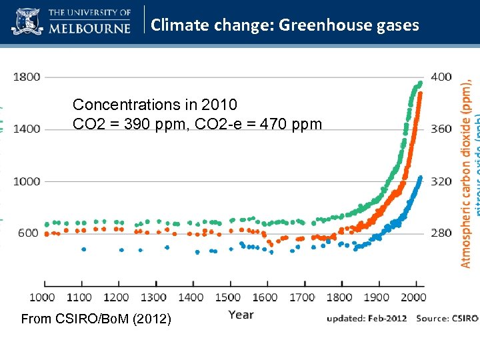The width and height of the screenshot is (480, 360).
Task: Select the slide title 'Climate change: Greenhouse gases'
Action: pyautogui.click(x=285, y=25)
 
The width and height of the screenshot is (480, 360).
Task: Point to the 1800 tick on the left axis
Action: pyautogui.click(x=27, y=77)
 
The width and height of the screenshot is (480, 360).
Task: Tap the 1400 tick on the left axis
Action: pyautogui.click(x=27, y=129)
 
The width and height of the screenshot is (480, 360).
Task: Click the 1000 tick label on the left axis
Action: pyautogui.click(x=27, y=181)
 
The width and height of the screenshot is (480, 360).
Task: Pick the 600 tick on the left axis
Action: pyautogui.click(x=29, y=233)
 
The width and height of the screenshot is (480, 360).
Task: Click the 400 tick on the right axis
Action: pyautogui.click(x=441, y=77)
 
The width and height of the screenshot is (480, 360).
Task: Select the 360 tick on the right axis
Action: pyautogui.click(x=441, y=129)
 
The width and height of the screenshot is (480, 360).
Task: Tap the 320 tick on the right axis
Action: pyautogui.click(x=441, y=181)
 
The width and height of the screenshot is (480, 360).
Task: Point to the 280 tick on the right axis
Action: pyautogui.click(x=441, y=233)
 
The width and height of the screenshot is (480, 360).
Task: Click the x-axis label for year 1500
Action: pyautogui.click(x=228, y=297)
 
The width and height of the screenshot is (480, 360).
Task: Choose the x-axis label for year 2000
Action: pyautogui.click(x=413, y=297)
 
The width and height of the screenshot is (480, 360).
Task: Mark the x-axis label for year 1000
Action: pyautogui.click(x=42, y=297)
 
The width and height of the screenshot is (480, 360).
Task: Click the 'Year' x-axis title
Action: pyautogui.click(x=241, y=314)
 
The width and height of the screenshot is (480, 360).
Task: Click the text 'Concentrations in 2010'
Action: pyautogui.click(x=155, y=105)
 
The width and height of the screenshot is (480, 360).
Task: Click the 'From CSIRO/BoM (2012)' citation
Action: pyautogui.click(x=96, y=319)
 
